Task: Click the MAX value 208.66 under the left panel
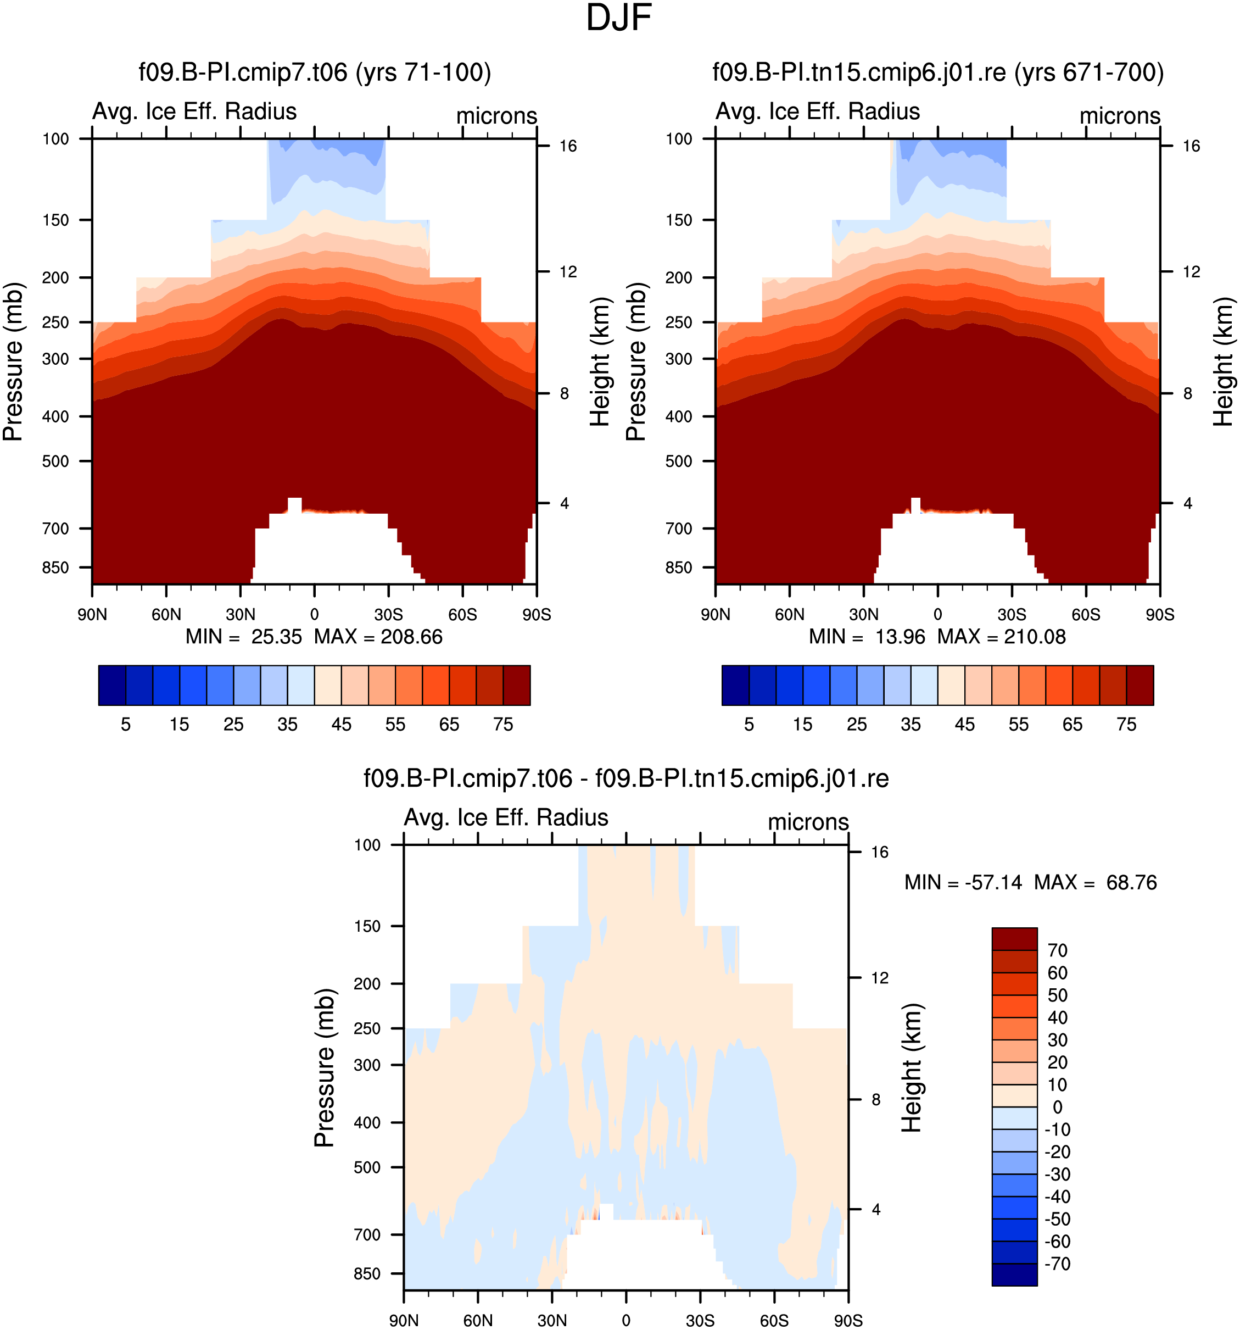[411, 636]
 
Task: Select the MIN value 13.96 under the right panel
[900, 636]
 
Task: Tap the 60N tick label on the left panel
[166, 614]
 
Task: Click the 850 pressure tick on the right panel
[678, 567]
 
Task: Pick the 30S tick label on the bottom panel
[700, 1321]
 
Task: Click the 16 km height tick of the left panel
[568, 146]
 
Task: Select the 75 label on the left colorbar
[503, 725]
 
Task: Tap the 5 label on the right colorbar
[749, 725]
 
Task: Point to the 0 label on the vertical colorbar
[1058, 1107]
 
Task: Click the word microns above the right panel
[1120, 116]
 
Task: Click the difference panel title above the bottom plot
[626, 778]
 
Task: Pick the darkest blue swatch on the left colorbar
[111, 685]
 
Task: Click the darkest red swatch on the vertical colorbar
[1014, 939]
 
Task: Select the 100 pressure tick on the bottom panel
[367, 845]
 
